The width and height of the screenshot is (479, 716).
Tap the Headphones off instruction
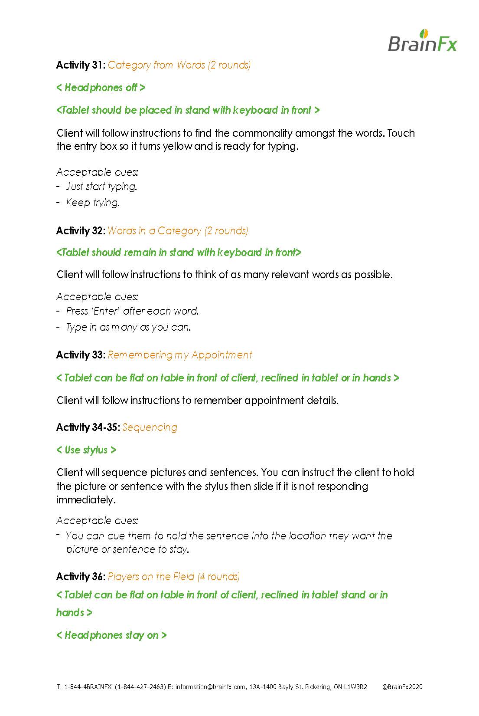point(101,88)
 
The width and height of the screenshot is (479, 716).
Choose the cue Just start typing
point(101,187)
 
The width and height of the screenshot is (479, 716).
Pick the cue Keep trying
point(92,203)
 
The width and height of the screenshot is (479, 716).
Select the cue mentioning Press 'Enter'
point(132,311)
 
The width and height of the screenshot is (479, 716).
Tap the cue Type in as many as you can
point(128,327)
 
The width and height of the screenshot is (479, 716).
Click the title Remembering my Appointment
point(180,355)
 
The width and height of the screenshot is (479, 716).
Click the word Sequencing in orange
point(150,427)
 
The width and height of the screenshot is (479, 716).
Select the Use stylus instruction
point(86,450)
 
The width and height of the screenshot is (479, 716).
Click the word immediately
point(86,500)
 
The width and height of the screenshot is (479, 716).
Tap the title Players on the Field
point(151,577)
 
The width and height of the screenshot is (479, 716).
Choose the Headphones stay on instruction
point(111,635)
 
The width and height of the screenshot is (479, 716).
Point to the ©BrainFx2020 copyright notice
point(402,687)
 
